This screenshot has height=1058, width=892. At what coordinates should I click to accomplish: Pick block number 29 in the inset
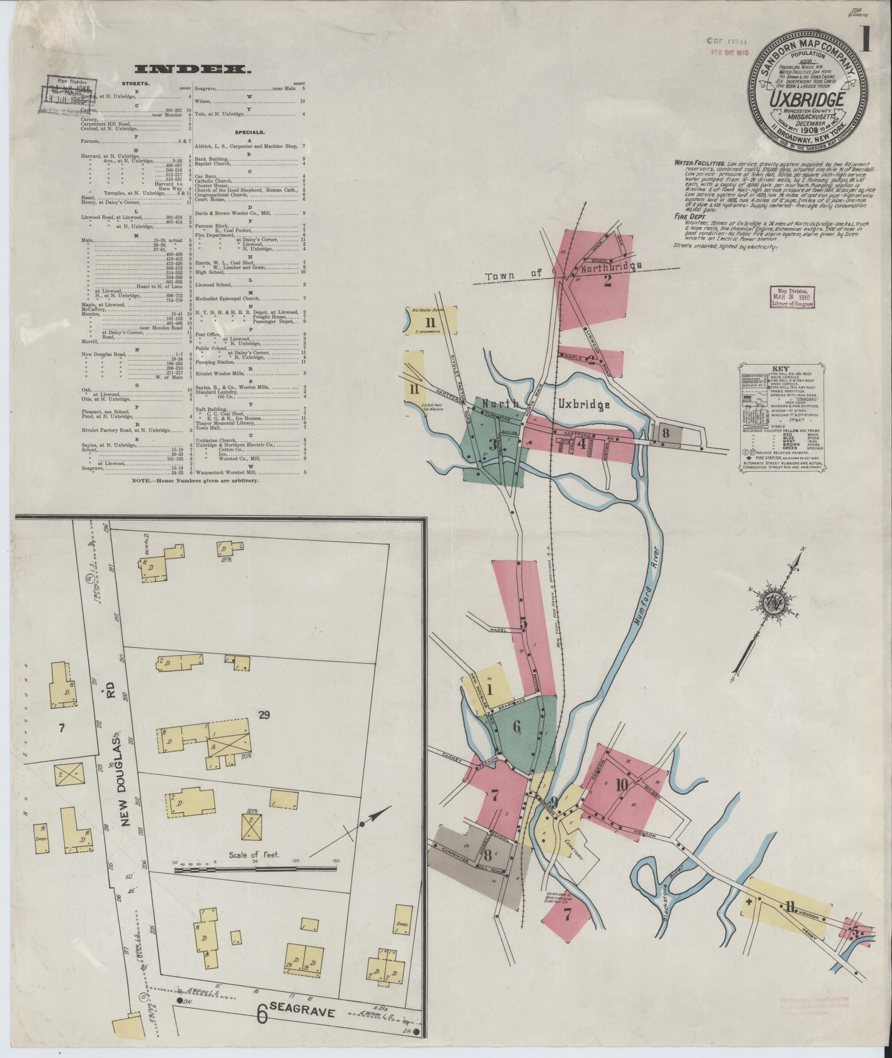pos(263,715)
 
